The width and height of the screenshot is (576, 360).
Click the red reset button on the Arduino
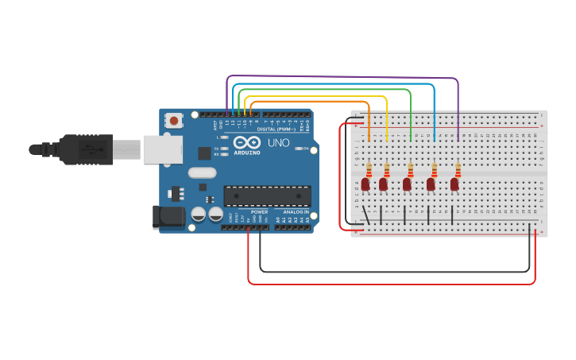[173, 121]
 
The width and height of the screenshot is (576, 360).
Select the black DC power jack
[168, 216]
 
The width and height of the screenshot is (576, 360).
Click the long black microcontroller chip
[267, 196]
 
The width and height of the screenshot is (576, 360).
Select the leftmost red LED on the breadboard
[365, 184]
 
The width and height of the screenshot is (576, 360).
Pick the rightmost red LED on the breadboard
[454, 184]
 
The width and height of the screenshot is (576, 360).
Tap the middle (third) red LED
[407, 184]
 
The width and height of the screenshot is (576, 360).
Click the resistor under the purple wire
[458, 169]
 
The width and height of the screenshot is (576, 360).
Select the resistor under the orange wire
[369, 169]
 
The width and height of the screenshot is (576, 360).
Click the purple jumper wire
[342, 77]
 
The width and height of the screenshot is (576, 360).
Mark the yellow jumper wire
[318, 96]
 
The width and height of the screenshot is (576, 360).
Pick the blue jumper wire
[334, 83]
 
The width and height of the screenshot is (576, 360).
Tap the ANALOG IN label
[295, 212]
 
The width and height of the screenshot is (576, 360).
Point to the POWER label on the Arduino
[259, 212]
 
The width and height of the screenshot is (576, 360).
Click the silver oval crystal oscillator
[202, 172]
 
